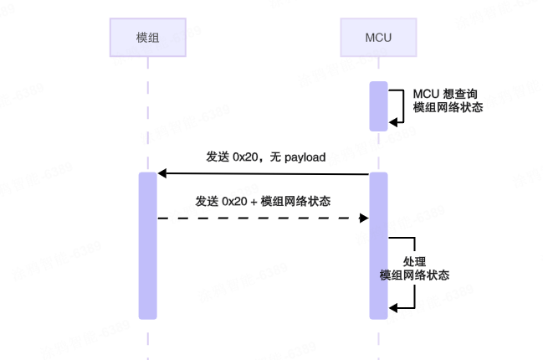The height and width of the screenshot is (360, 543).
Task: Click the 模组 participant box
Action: (147, 38)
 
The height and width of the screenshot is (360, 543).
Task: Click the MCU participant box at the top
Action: (378, 38)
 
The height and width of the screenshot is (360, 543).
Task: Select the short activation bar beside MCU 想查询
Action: (378, 106)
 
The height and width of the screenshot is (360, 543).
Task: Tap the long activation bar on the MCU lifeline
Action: (378, 244)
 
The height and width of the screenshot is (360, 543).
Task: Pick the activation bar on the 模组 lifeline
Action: (147, 244)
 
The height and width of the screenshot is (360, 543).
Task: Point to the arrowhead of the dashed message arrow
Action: (364, 218)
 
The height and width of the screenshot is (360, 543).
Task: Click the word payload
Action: (305, 157)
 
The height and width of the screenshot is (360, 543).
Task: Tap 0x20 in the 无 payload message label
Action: (246, 157)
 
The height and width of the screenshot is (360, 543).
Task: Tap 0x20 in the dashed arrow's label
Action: (235, 201)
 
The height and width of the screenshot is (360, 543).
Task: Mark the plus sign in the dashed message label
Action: (254, 202)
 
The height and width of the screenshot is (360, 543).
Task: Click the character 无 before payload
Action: (275, 157)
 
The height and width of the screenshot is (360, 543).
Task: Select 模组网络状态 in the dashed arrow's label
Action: (295, 201)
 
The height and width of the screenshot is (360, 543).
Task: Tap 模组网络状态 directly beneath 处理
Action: (414, 275)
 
